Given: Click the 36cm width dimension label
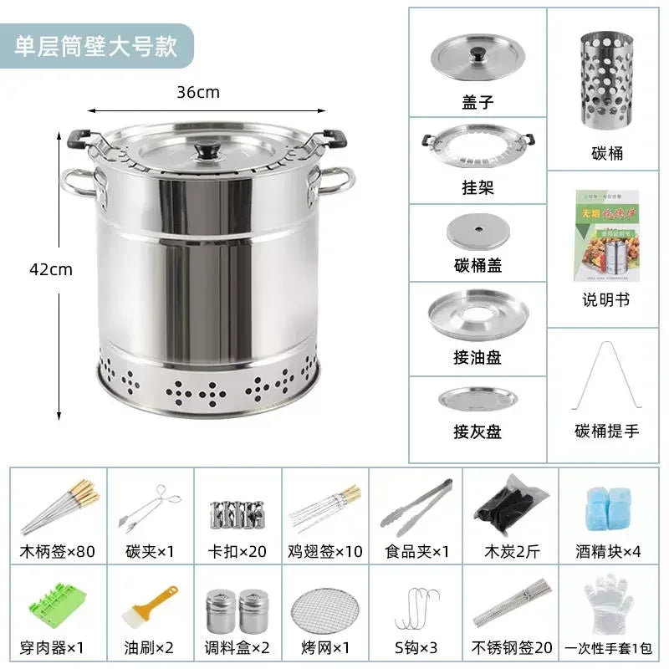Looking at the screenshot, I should [x=197, y=93].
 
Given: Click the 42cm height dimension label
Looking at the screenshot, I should [x=50, y=269].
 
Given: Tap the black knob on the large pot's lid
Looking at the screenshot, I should [x=206, y=151].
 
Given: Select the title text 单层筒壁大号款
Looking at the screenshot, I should [x=97, y=45].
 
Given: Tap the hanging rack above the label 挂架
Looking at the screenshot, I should [x=477, y=147].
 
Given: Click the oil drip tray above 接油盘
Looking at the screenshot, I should [x=477, y=314].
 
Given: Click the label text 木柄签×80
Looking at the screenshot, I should [x=57, y=551].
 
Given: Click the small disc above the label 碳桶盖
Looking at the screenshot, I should [x=477, y=231].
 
